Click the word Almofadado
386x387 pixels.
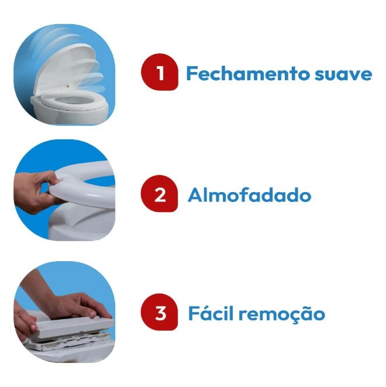pyautogui.click(x=249, y=195)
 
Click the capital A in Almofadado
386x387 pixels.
pyautogui.click(x=195, y=195)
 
